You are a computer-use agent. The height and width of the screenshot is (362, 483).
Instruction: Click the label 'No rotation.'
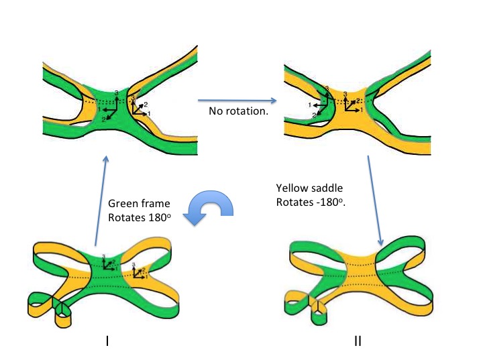(239, 111)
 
